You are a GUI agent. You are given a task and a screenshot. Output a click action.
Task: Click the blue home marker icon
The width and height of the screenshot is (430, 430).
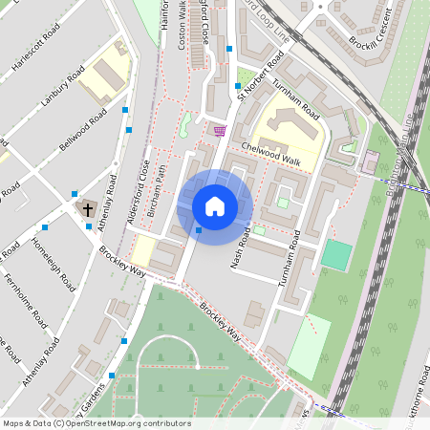click(x=215, y=206)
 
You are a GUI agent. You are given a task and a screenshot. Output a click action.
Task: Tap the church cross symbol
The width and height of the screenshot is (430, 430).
click(x=87, y=208)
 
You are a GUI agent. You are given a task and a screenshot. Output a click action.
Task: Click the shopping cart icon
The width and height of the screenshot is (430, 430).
click(x=220, y=130)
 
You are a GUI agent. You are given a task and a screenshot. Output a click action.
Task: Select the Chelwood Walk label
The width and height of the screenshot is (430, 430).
click(x=271, y=156)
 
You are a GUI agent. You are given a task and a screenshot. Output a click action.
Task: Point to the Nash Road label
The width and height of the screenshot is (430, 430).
click(x=240, y=247)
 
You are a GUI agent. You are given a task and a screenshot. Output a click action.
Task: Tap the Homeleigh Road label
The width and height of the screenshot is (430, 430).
click(x=54, y=265)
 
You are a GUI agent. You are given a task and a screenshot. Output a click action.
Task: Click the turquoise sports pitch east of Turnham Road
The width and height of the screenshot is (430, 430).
click(x=335, y=254)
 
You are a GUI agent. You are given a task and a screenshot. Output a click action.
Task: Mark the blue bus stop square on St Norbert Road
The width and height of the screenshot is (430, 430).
click(x=238, y=86)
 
